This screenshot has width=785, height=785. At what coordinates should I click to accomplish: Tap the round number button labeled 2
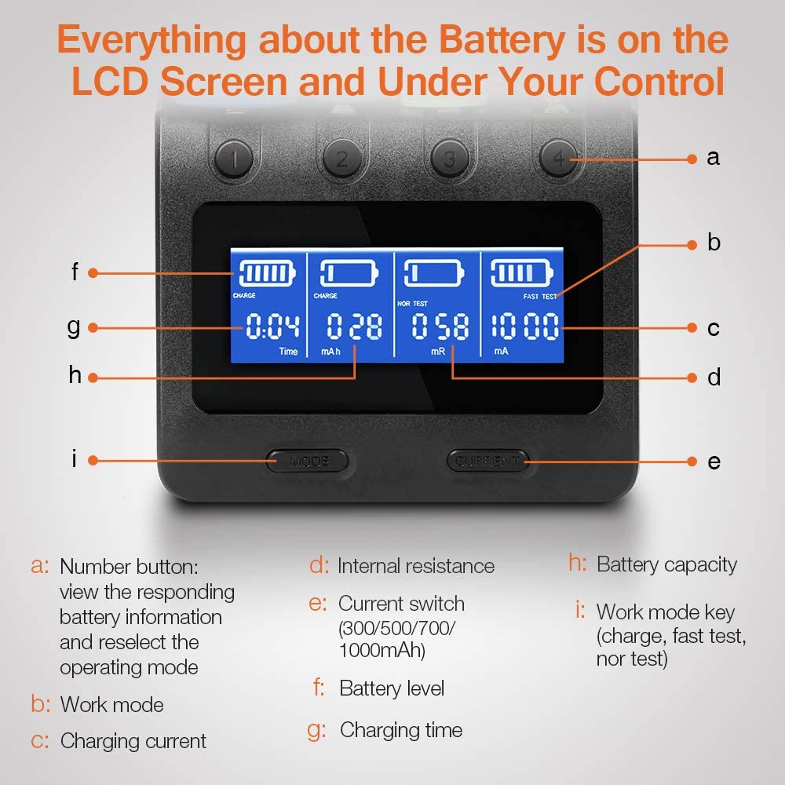tap(342, 159)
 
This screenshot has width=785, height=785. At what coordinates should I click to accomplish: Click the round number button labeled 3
tap(450, 159)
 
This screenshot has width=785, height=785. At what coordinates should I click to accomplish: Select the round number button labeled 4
tap(559, 159)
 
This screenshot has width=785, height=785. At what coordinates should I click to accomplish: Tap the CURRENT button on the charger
tap(487, 461)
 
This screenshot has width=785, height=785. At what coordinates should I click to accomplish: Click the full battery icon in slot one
tap(268, 273)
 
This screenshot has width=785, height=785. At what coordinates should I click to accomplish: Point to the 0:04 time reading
tap(273, 326)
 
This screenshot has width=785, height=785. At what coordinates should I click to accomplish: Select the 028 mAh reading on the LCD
tap(355, 326)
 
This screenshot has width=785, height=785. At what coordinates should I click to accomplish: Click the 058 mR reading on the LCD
tap(440, 326)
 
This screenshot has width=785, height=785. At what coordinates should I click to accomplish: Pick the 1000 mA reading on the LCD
tap(524, 326)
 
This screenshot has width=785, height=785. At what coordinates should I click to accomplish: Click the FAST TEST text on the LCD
tap(540, 297)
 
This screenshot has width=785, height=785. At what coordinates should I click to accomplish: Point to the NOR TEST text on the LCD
tap(413, 303)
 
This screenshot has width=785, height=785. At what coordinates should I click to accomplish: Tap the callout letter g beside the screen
tap(74, 328)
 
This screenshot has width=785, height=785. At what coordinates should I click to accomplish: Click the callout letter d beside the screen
tap(714, 377)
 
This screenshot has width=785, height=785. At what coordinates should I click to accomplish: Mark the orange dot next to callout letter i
tap(93, 460)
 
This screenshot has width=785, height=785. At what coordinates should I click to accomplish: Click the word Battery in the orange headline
tap(502, 41)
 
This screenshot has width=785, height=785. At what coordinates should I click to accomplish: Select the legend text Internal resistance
tap(416, 566)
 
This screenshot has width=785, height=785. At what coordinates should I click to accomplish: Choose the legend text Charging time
tap(401, 730)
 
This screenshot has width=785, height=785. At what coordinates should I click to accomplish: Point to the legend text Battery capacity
tap(666, 565)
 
